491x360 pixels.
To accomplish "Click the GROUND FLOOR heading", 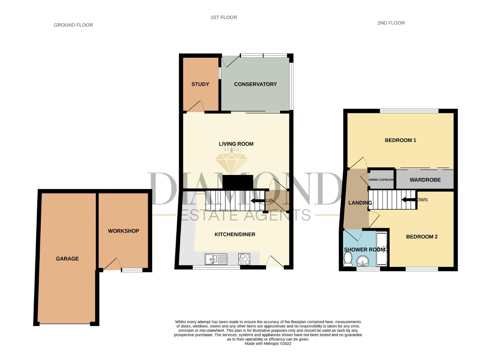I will click(73, 25).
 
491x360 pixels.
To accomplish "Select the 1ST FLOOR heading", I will click(224, 17).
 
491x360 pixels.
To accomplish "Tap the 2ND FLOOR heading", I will click(391, 23).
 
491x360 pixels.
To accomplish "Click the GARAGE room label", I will click(67, 259).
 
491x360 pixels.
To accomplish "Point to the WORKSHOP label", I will click(123, 231).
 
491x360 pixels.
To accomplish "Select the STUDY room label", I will click(200, 84).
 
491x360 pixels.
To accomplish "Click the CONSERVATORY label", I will click(255, 84).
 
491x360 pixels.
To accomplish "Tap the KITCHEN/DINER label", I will click(235, 234).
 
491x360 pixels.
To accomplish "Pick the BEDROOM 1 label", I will click(400, 140).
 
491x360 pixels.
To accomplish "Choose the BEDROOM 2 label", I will click(422, 237).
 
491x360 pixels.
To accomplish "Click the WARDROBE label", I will click(425, 180).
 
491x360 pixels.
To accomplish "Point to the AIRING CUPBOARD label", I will click(381, 180).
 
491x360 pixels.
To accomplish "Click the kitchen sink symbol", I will click(216, 259).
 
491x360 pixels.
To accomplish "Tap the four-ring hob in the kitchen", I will click(245, 259).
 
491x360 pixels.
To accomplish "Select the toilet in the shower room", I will click(348, 259).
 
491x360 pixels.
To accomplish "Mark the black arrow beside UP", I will click(257, 201).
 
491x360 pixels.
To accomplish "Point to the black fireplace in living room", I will click(238, 182).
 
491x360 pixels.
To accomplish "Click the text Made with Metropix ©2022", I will click(268, 344).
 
